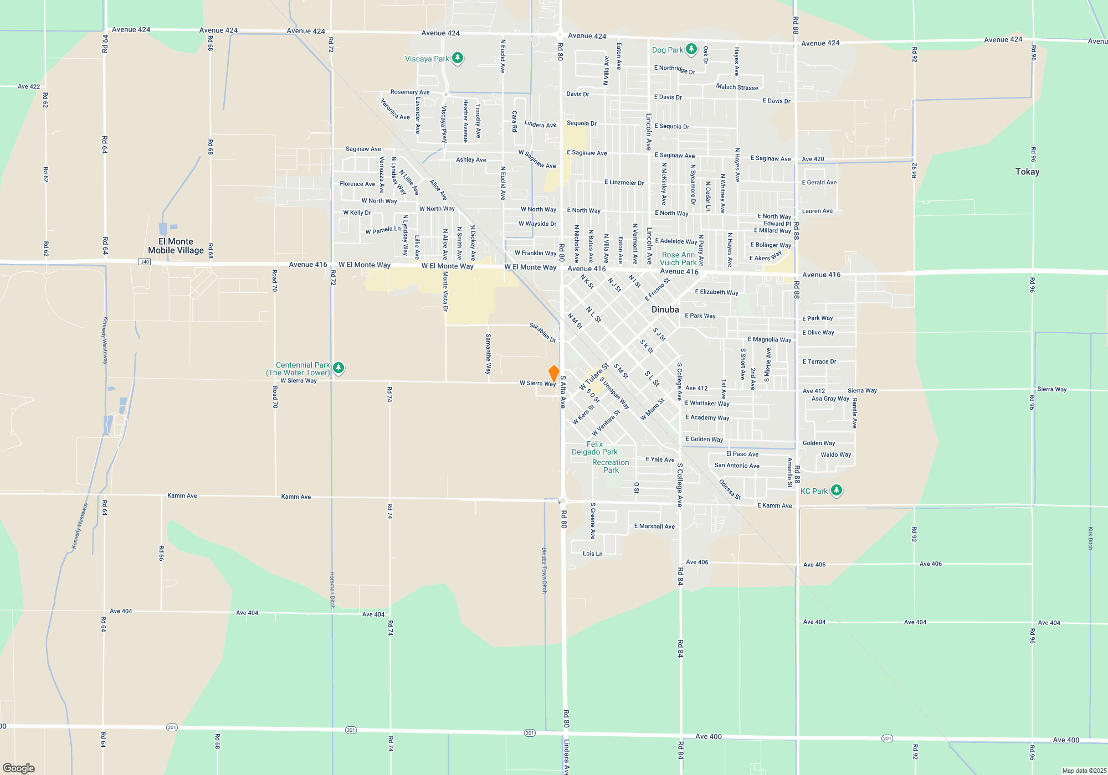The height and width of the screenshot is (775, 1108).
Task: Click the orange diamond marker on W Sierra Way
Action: click(553, 373)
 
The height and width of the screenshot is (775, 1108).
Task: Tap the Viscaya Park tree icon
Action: click(458, 58)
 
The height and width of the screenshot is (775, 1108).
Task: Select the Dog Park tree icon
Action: click(691, 49)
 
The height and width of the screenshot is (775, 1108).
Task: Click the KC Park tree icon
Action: click(837, 490)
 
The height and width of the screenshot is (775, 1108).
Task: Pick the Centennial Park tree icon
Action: click(338, 368)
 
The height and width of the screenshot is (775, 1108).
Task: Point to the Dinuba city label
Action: click(665, 309)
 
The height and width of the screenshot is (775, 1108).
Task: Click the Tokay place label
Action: click(1027, 172)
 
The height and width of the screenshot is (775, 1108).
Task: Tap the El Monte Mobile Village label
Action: click(176, 246)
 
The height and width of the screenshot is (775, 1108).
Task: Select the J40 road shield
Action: click(145, 262)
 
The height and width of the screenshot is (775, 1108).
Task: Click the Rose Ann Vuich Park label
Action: click(678, 259)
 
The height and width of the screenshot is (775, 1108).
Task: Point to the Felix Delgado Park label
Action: click(594, 448)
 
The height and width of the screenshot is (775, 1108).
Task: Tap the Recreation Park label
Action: click(611, 466)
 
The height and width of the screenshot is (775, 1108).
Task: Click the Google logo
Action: click(19, 768)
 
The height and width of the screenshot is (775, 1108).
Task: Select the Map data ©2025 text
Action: click(1084, 771)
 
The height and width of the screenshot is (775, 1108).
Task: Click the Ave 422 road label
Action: click(29, 86)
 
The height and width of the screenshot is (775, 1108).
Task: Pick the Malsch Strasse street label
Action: click(737, 87)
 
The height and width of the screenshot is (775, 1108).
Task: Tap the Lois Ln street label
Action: click(592, 554)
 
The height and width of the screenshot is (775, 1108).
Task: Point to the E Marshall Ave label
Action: click(654, 526)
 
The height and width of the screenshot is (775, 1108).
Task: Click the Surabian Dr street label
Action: click(543, 332)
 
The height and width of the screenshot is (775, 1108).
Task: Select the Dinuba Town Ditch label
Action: click(544, 570)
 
